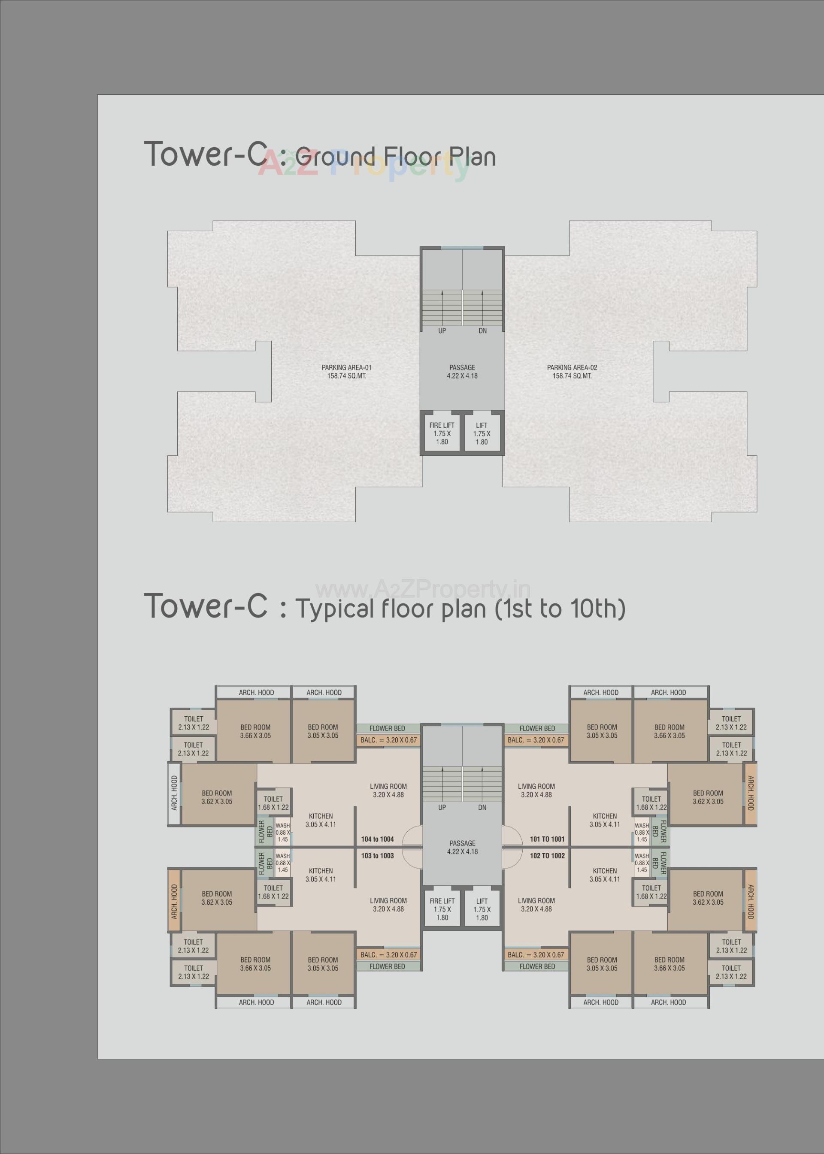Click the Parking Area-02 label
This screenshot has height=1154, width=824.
572,372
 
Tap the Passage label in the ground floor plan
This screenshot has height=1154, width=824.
462,371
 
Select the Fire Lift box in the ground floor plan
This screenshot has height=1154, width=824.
442,433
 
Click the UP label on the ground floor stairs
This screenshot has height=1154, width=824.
442,331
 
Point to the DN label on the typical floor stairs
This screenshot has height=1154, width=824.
482,807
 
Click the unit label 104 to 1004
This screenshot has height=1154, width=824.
377,839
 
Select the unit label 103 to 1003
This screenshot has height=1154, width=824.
377,855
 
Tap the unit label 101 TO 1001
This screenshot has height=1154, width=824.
547,839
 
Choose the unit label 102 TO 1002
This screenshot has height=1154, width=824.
547,855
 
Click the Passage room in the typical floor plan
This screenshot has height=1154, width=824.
462,847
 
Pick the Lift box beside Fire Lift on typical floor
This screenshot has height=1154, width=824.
482,909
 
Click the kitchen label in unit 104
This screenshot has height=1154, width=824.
321,820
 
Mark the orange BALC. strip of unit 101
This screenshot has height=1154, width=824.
536,740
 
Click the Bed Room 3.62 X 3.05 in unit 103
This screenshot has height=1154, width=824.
217,898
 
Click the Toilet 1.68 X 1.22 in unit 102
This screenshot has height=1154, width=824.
651,892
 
